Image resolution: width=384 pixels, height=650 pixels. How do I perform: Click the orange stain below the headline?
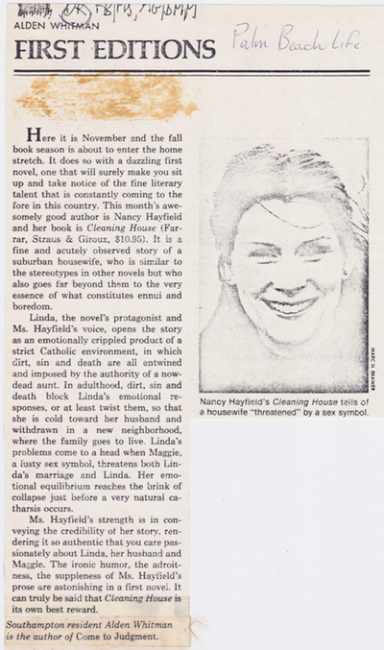[x=106, y=96]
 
